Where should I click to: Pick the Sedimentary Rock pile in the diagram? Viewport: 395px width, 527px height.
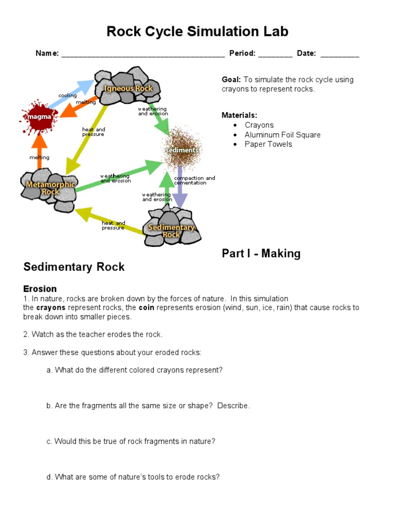[x=172, y=229]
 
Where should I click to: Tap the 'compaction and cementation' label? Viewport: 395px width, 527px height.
[x=194, y=180]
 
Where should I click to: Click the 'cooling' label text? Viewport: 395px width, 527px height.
[x=67, y=96]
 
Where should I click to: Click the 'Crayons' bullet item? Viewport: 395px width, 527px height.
[x=259, y=125]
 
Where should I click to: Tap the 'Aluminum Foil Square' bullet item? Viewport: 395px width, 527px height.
[x=282, y=135]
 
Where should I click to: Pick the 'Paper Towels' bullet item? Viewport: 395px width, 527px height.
[x=268, y=144]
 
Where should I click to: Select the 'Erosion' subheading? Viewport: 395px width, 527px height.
[x=40, y=289]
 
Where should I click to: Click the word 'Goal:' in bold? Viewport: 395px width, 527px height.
[x=231, y=80]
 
